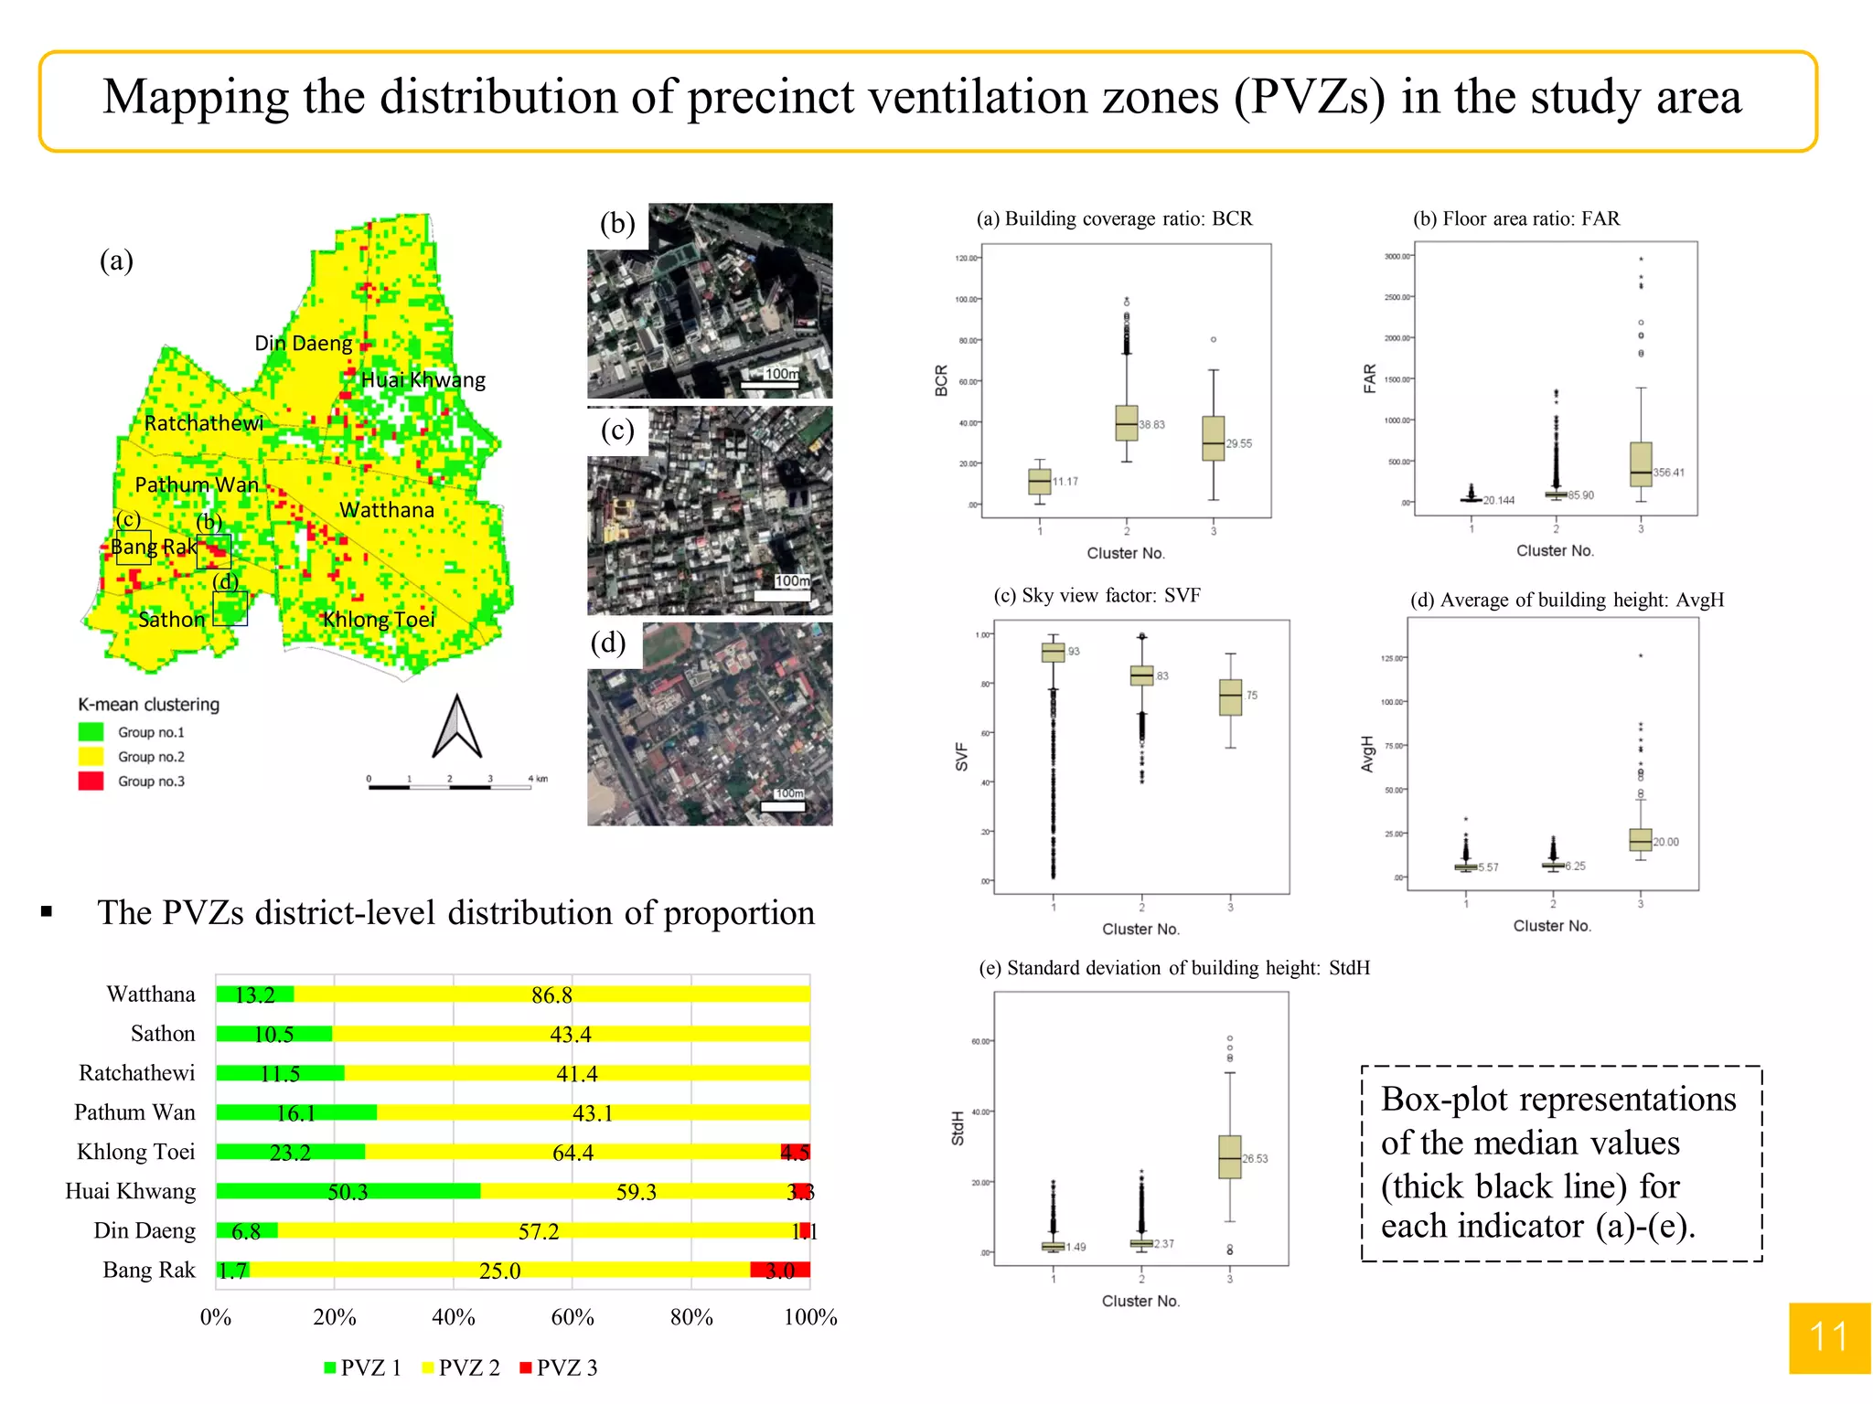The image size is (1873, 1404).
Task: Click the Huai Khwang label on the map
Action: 423,380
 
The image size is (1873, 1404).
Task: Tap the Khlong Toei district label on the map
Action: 379,620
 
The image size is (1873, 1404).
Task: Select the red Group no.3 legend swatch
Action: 91,782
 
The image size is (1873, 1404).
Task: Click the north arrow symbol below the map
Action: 456,728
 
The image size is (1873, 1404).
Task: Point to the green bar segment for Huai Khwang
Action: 348,1191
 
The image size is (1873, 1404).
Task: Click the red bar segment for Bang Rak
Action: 780,1271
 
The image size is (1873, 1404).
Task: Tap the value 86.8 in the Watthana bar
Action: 551,994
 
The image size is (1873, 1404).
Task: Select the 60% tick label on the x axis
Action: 573,1317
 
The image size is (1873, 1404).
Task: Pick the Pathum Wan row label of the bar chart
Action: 134,1112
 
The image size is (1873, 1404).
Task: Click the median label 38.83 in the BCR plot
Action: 1151,425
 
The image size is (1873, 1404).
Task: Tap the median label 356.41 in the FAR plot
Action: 1668,473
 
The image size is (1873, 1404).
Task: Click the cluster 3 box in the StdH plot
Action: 1229,1156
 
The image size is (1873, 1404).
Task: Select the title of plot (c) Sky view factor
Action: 1097,596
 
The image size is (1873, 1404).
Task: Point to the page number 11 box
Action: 1829,1337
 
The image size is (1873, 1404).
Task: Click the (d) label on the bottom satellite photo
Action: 608,643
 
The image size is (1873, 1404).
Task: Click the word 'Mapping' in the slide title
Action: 196,97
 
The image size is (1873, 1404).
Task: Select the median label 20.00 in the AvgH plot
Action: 1665,842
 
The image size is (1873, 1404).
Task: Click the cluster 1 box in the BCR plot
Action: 1039,481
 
